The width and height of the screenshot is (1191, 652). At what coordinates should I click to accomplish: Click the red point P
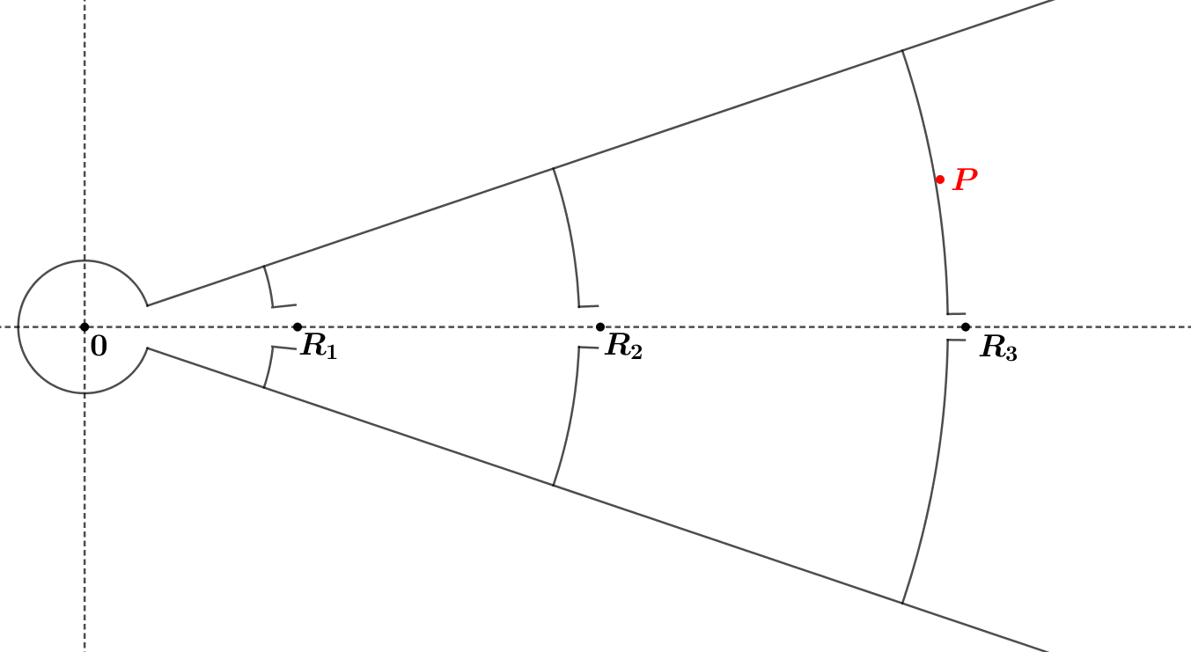(x=940, y=179)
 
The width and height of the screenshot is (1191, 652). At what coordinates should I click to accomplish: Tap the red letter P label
(x=966, y=180)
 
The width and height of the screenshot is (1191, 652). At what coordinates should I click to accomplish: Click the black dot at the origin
(x=85, y=327)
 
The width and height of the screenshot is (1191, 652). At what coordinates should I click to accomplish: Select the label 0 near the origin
(x=99, y=348)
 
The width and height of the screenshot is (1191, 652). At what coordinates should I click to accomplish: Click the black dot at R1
(x=298, y=327)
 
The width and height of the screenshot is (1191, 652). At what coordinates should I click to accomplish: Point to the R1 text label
(x=319, y=346)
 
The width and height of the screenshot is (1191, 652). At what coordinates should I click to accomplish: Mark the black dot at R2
(x=600, y=327)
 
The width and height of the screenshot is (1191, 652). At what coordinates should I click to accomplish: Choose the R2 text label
(x=623, y=347)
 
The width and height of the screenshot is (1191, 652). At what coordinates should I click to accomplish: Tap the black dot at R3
(x=966, y=327)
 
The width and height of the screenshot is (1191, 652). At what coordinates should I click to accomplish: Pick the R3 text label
(x=999, y=348)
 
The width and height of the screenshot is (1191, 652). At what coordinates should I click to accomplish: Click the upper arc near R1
(x=269, y=285)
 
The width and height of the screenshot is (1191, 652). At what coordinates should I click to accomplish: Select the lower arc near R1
(x=269, y=369)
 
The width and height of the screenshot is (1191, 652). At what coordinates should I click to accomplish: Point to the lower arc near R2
(x=570, y=419)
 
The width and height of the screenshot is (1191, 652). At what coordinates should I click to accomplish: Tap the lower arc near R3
(x=933, y=475)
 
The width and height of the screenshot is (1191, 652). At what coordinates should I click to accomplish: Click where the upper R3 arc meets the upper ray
(x=902, y=51)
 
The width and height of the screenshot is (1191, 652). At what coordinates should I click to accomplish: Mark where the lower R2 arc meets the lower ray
(x=553, y=485)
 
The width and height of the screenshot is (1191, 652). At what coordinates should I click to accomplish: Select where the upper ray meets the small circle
(x=147, y=305)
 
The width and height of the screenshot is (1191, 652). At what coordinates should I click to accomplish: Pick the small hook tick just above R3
(x=957, y=313)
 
